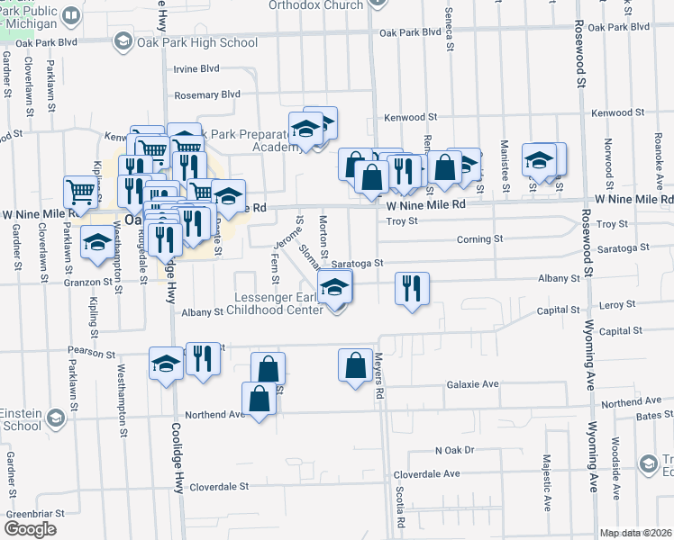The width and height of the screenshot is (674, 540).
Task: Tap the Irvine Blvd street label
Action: [x=196, y=68]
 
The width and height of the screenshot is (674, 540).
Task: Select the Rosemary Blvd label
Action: [x=208, y=94]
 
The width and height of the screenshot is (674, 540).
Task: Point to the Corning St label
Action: [x=479, y=239]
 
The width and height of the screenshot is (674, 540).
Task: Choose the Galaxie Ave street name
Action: [x=472, y=384]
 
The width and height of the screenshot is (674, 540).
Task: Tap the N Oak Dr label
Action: [x=454, y=450]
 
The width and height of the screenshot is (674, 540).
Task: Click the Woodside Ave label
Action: [x=615, y=467]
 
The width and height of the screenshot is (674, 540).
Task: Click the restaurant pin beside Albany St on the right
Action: [x=412, y=290]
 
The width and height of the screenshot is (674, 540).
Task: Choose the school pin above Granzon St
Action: [x=97, y=243]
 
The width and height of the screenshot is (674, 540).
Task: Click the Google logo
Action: [x=30, y=529]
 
